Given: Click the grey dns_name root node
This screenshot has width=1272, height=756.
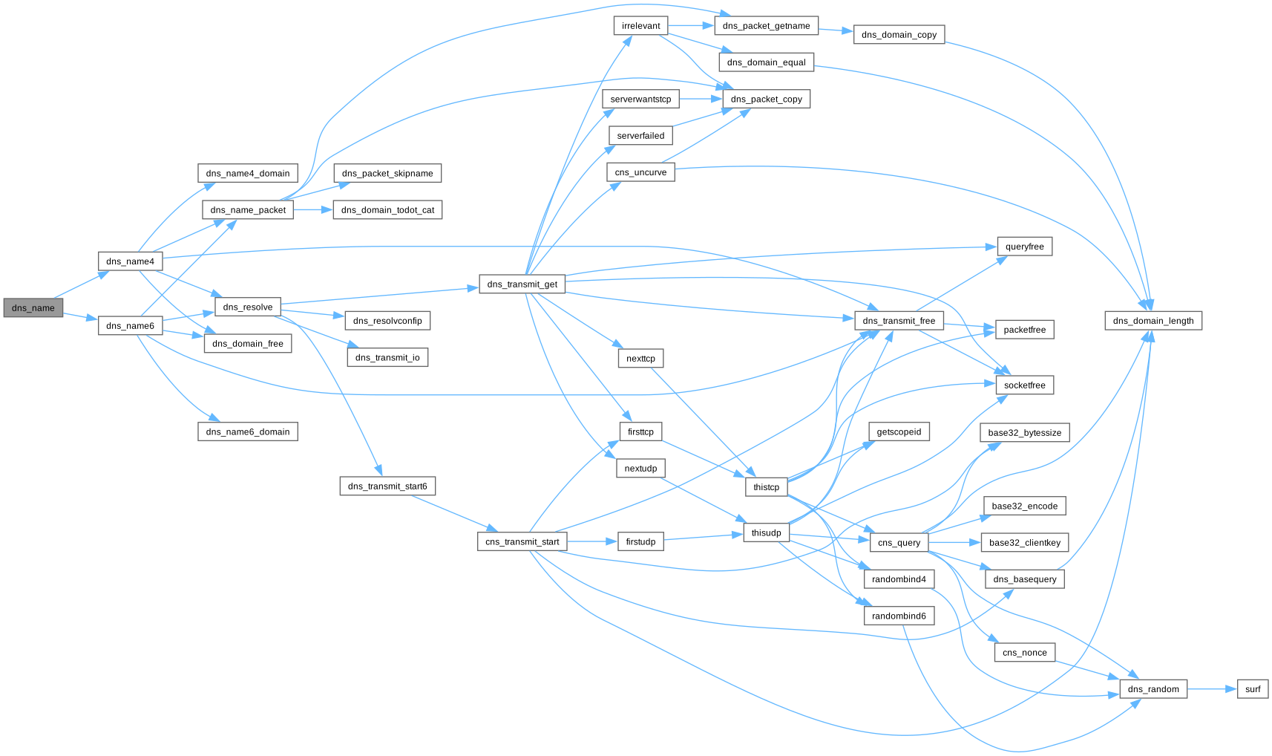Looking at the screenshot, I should [33, 307].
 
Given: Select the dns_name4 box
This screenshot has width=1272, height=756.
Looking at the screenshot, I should [130, 261].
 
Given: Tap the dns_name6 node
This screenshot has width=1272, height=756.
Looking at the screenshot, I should [130, 325].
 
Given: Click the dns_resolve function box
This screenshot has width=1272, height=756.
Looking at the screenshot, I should [248, 307].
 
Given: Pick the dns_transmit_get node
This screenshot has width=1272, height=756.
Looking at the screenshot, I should [522, 284].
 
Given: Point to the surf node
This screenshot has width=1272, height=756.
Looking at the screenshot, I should [1253, 689].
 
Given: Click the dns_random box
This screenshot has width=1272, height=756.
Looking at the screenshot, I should [1153, 689].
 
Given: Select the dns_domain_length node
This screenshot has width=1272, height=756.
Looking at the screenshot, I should [1153, 321].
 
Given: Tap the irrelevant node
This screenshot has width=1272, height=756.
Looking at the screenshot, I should [640, 26].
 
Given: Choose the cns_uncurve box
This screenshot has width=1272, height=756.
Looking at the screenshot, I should [640, 172].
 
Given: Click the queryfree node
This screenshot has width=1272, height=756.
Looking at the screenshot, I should [1024, 247].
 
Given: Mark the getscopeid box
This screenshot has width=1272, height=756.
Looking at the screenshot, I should [899, 432].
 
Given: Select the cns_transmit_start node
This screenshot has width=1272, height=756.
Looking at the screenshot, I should [522, 541].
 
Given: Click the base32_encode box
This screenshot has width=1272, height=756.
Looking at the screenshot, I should [1024, 506].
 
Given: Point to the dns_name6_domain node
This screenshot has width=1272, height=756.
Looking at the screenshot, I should [248, 431].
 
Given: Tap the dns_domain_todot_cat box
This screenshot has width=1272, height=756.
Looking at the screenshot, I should [387, 210].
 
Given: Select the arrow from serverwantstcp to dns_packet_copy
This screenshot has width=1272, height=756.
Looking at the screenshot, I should [701, 99].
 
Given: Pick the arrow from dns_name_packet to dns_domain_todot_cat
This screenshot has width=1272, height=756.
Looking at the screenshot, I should [313, 210].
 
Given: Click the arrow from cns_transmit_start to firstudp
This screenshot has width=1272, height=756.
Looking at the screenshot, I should [592, 541].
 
